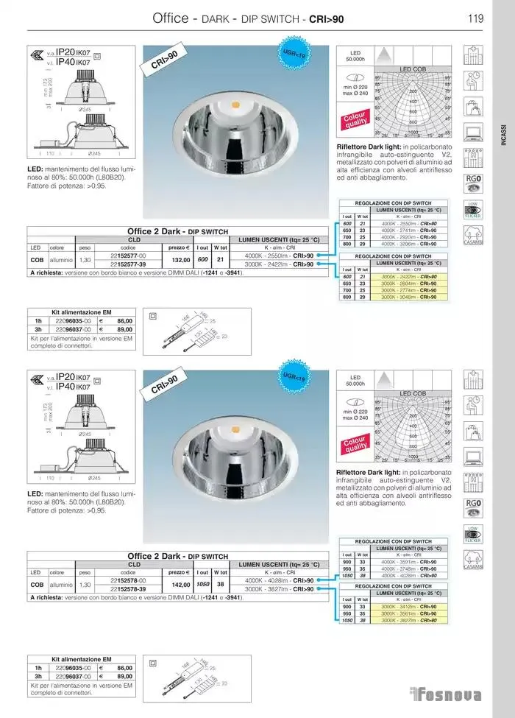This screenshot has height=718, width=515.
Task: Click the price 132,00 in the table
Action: tap(180, 259)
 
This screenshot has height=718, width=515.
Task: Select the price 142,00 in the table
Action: tap(180, 584)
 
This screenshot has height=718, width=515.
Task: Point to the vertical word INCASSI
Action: tap(503, 133)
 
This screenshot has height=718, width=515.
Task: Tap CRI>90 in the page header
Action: tap(325, 18)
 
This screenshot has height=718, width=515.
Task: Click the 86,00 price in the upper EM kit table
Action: tap(124, 321)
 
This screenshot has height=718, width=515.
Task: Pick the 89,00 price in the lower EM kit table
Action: tap(124, 676)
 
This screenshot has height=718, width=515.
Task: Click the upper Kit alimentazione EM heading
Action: tap(81, 312)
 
